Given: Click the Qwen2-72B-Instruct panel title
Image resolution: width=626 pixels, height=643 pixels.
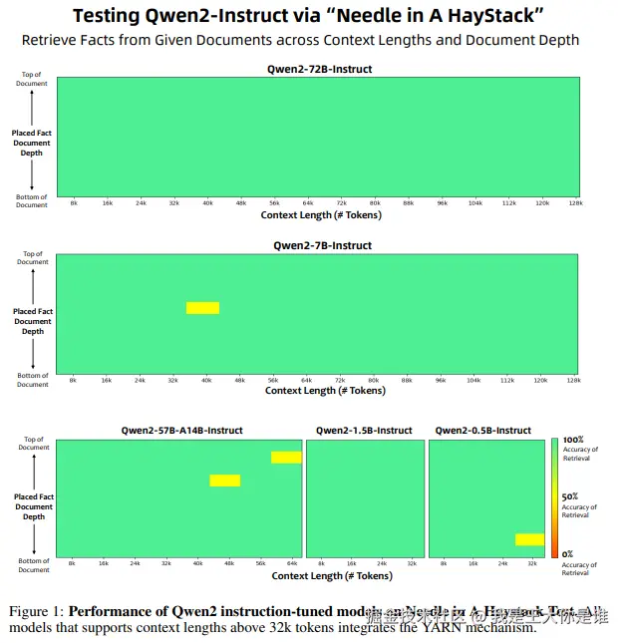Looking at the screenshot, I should coord(316,69).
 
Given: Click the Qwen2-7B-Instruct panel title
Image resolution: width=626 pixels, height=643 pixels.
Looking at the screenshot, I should coord(322,245).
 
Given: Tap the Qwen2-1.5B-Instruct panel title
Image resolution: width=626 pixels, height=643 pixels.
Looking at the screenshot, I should coord(364,431).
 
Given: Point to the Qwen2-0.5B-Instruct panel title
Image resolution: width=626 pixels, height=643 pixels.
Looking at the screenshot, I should coord(483,431).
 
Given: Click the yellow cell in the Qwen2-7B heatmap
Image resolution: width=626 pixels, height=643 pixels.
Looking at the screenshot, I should coord(202,307).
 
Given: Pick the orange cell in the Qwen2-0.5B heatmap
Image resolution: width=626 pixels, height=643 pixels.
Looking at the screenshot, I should coord(529,539).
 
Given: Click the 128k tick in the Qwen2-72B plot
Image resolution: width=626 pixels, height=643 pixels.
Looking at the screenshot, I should coord(575,203).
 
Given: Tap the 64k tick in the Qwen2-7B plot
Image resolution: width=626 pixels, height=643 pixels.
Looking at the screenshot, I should coord(307,380).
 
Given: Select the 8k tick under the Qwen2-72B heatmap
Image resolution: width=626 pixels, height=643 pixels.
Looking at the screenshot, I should coord(74,203).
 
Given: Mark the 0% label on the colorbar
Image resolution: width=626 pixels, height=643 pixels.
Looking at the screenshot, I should coord(567,554).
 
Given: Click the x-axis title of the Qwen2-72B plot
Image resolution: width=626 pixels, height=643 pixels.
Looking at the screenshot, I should coord(316,214).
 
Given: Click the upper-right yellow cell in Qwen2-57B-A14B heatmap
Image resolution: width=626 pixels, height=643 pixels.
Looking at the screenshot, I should coord(286,458).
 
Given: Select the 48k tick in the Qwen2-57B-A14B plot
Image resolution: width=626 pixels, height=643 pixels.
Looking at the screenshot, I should coord(228,564).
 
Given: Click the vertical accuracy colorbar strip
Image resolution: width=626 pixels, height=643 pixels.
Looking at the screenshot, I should coord(554,497).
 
